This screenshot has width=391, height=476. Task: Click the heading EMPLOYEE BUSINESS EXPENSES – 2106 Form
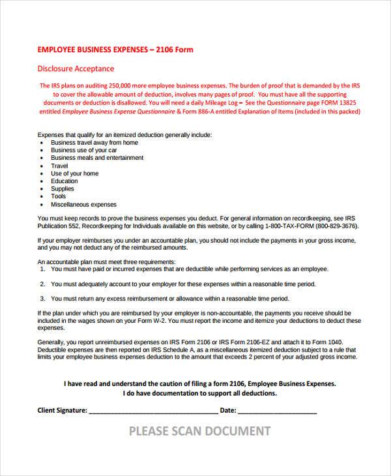pyautogui.click(x=115, y=50)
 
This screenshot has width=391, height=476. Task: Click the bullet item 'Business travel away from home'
pyautogui.click(x=94, y=142)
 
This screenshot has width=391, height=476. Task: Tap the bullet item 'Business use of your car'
pyautogui.click(x=83, y=150)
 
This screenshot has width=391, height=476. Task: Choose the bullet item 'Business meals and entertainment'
pyautogui.click(x=97, y=158)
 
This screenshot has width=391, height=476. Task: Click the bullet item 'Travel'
pyautogui.click(x=59, y=166)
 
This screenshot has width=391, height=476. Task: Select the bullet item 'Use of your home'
pyautogui.click(x=75, y=173)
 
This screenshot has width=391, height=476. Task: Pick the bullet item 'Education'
pyautogui.click(x=65, y=181)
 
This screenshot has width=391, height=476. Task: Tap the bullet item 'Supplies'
pyautogui.click(x=63, y=189)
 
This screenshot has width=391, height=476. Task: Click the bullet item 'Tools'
pyautogui.click(x=59, y=196)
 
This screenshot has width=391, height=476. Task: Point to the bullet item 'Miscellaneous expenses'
pyautogui.click(x=83, y=204)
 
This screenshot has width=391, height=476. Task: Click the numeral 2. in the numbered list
pyautogui.click(x=42, y=284)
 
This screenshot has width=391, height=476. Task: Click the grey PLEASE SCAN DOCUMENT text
pyautogui.click(x=199, y=431)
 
